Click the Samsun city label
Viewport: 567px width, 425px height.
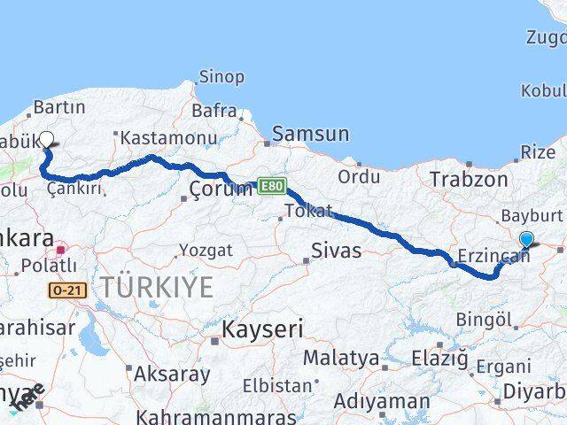[x=311, y=135]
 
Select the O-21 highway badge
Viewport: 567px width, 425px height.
[x=66, y=289]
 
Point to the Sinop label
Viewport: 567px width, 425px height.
[x=221, y=77]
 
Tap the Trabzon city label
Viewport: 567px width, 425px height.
[x=469, y=180]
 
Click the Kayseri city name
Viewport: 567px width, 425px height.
[x=262, y=331]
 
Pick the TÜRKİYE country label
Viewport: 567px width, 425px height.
[x=157, y=288]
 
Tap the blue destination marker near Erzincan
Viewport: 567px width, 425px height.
[x=526, y=239]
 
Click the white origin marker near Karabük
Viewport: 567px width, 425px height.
[x=47, y=139]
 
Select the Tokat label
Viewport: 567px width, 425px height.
[x=307, y=211]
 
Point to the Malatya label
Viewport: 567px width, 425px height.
[x=340, y=359]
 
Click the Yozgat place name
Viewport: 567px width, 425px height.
[x=206, y=251]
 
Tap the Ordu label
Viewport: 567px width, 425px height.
[x=359, y=177]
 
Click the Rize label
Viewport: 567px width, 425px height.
[x=538, y=152]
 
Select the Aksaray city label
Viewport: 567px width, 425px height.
[x=172, y=375]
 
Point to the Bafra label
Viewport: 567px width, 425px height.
[x=216, y=112]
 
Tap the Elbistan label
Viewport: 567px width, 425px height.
[x=283, y=386]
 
